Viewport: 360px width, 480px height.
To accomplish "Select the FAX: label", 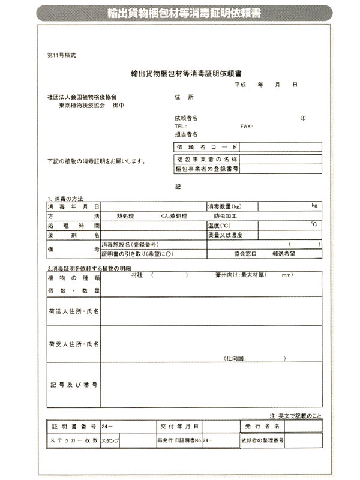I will pos(246,127).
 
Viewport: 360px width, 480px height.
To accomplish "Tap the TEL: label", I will pos(180,127).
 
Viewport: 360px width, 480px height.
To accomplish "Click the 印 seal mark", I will pos(303,118).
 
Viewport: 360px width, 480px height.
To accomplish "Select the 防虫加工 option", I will pos(226,215).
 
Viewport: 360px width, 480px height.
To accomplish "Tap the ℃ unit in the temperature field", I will pos(314,224).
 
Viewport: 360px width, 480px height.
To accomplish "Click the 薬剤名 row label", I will pos(73,235).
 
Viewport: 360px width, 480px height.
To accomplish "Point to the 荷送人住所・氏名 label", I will pos(73,312).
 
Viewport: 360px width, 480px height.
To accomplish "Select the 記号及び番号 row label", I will pos(73,384).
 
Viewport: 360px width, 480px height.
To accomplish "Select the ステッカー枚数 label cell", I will pos(73,440).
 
